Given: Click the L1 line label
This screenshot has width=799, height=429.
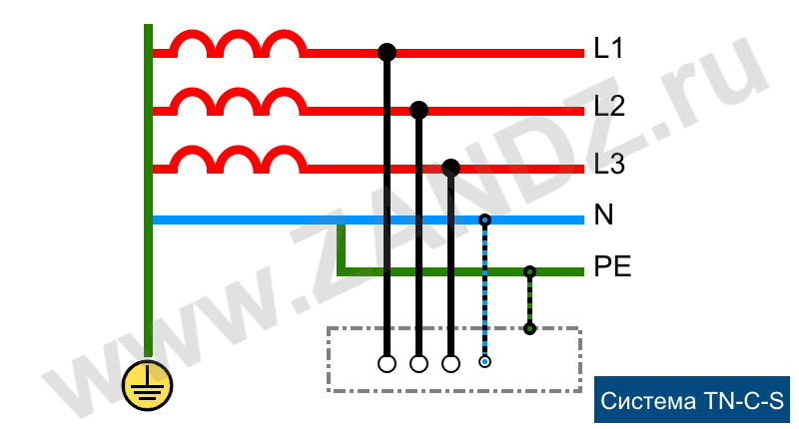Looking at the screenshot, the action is [x=608, y=48].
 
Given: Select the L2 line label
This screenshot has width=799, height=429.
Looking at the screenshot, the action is [x=609, y=106].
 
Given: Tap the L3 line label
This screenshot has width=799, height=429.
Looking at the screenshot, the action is [x=609, y=164].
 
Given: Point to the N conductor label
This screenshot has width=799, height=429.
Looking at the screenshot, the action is [x=604, y=214].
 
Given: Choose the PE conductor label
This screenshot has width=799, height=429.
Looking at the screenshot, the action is [x=612, y=266].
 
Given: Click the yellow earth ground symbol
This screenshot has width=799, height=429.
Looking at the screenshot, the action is [x=147, y=385].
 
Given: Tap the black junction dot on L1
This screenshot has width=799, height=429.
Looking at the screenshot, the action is [x=387, y=52].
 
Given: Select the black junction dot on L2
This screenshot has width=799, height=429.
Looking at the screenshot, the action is [x=418, y=110].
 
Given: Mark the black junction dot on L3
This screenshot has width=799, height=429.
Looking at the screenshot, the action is [x=451, y=168].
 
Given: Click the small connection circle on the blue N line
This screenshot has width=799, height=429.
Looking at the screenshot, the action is [x=484, y=219].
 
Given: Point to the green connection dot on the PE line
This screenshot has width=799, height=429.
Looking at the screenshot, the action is [x=529, y=271].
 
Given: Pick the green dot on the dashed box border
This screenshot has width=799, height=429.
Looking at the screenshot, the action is [x=529, y=329].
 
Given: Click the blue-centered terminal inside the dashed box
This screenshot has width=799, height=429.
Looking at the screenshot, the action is [x=484, y=362].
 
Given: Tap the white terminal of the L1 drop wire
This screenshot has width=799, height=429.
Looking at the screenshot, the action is [x=387, y=364].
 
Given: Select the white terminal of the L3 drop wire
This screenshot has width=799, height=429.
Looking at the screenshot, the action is [x=451, y=364].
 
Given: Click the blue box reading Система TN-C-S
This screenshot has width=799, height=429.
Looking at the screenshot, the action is [x=691, y=399].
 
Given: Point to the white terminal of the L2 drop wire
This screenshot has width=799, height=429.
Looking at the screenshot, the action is [x=418, y=364].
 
